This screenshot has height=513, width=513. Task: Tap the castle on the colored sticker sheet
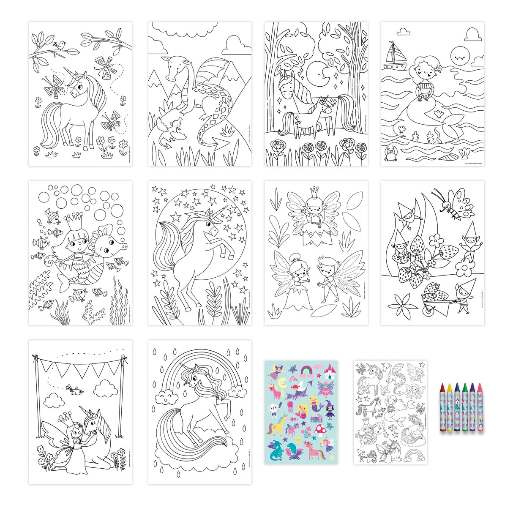pos(329,372)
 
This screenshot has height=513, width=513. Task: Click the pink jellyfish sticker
pos(291,407)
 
